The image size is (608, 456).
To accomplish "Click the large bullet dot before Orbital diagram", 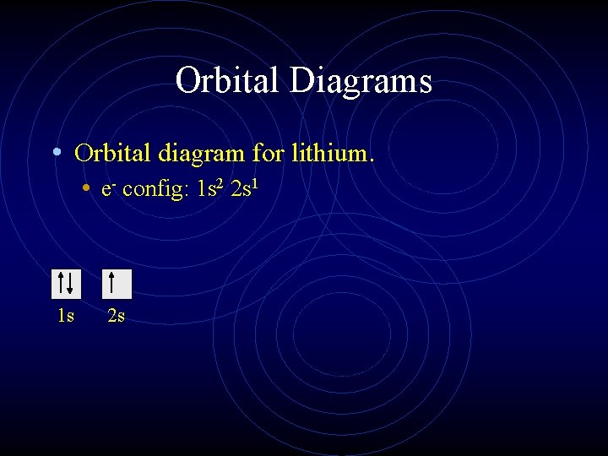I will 56,153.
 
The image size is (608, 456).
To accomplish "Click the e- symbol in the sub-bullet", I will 107,189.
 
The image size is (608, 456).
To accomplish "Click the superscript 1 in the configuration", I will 252,182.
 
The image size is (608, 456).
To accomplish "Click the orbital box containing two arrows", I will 66,284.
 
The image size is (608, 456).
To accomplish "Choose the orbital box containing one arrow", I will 117,284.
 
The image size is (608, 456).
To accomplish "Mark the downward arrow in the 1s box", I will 71,284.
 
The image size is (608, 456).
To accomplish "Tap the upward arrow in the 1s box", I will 61,284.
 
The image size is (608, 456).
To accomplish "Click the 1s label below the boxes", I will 65,317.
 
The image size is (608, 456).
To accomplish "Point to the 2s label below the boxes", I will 116,317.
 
